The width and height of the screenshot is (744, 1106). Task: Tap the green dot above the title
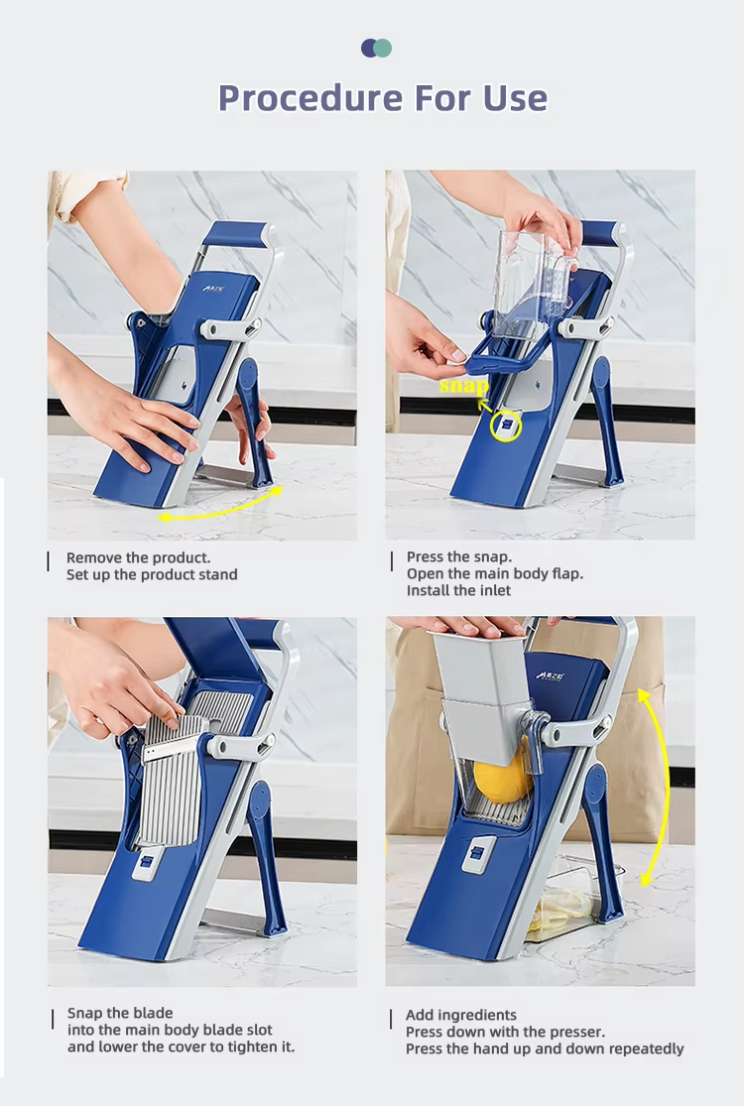(x=383, y=48)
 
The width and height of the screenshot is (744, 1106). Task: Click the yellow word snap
(x=463, y=386)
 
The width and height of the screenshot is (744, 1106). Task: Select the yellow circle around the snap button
(x=506, y=426)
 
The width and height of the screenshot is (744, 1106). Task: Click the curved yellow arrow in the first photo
(x=220, y=507)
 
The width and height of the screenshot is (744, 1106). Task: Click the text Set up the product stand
(x=152, y=575)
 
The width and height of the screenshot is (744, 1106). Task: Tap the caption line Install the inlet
(x=458, y=590)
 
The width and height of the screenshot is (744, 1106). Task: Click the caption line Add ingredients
(x=461, y=1015)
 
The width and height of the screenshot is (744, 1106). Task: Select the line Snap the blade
(x=120, y=1013)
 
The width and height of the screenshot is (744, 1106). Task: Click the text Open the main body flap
(x=495, y=573)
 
